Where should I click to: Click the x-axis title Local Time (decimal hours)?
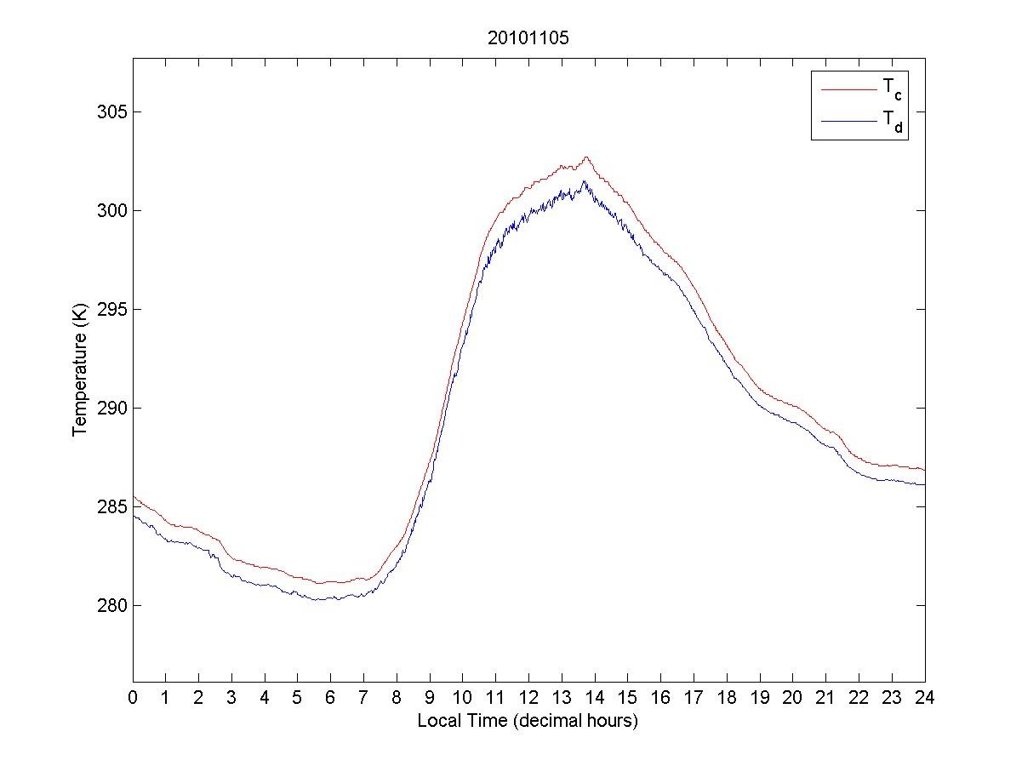[x=528, y=721]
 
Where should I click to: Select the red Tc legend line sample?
[x=848, y=89]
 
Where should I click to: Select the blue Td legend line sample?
[x=848, y=122]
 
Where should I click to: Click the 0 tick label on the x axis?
[x=133, y=698]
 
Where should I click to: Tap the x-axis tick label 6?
[x=330, y=698]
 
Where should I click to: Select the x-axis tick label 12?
[x=528, y=698]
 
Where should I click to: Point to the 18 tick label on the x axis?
[x=727, y=698]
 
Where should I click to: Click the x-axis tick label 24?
[x=925, y=698]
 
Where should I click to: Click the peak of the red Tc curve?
[x=586, y=157]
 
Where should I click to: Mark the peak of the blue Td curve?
[x=584, y=181]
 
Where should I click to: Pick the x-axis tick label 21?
[x=825, y=698]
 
